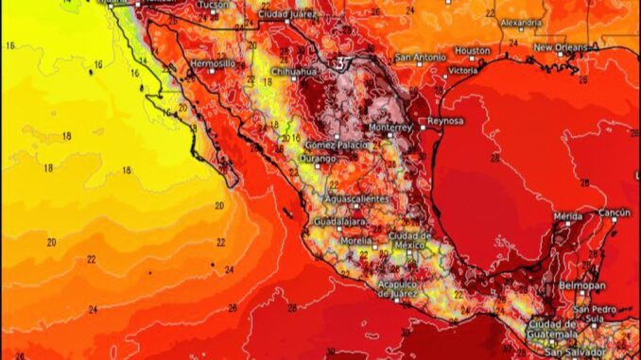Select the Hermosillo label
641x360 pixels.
[x=213, y=63]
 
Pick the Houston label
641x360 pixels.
[x=472, y=50]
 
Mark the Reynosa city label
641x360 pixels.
[x=446, y=121]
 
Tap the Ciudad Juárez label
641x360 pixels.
[x=288, y=16]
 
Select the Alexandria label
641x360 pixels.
[x=521, y=22]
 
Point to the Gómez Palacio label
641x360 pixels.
[x=333, y=145]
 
